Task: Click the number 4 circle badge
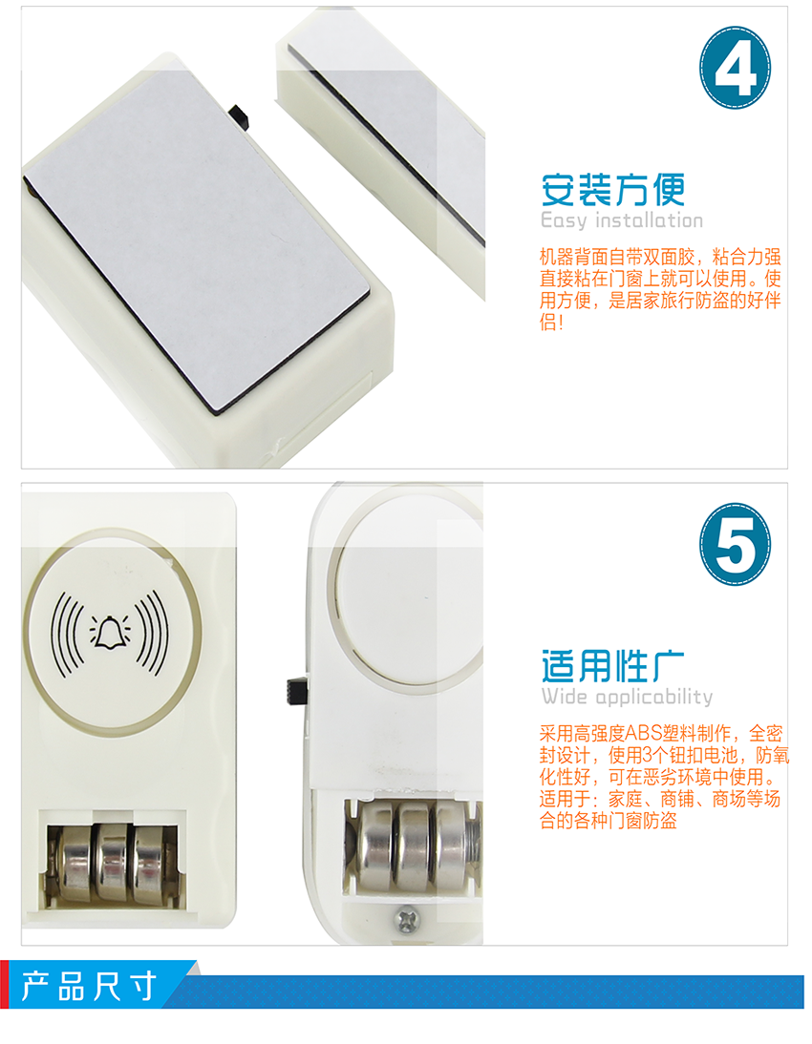coord(735,67)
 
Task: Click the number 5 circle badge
coord(735,544)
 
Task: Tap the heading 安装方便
coord(612,190)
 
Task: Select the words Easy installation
coord(621,220)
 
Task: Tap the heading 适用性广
coord(612,666)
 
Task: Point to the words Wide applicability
coord(627,697)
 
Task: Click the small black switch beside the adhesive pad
coord(240,116)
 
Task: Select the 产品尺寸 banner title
coord(89,986)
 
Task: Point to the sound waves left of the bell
coord(67,634)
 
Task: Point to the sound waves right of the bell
coord(151,634)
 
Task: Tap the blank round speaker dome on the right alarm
coord(408,586)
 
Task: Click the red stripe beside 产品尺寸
coord(4,985)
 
